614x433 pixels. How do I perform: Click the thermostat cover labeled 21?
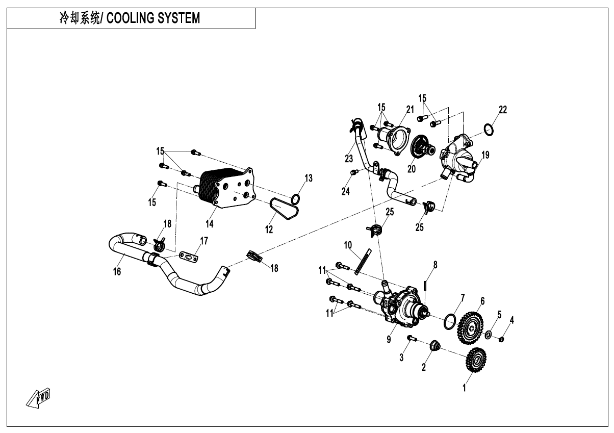point(394,137)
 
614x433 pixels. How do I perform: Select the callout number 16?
point(117,271)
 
